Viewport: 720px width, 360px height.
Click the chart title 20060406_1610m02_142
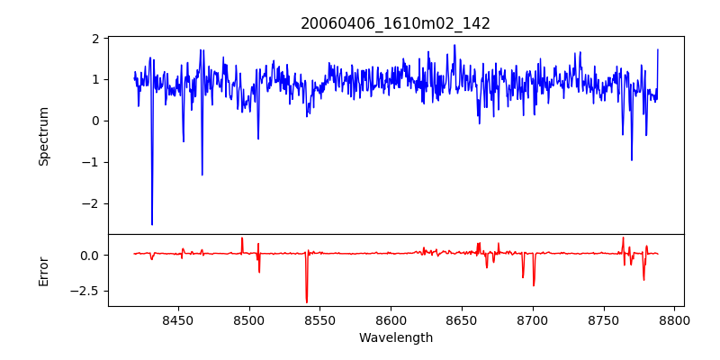point(395,23)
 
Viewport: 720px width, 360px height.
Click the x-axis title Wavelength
point(395,338)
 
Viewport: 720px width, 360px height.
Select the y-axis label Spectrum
point(43,136)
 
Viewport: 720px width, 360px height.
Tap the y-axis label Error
point(43,270)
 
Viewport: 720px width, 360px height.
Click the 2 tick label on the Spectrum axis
point(94,39)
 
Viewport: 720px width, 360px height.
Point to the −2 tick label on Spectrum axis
point(90,203)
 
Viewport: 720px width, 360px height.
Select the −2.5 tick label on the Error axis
point(85,291)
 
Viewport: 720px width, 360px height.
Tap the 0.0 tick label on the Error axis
point(88,255)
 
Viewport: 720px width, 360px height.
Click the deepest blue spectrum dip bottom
point(152,224)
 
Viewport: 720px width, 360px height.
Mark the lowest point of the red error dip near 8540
point(307,302)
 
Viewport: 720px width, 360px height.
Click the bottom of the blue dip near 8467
point(202,175)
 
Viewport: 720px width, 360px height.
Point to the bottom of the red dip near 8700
point(534,285)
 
